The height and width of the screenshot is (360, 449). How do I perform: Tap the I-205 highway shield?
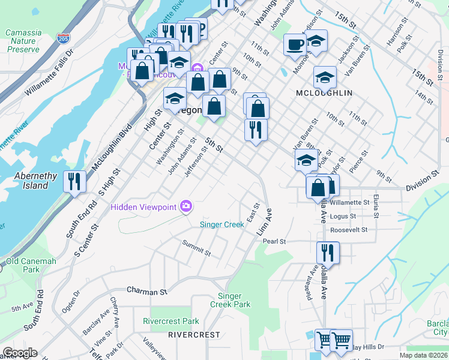click(x=63, y=39)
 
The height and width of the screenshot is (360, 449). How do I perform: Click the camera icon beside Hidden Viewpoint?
click(x=186, y=207)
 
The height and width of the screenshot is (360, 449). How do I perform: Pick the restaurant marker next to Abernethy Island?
click(x=75, y=181)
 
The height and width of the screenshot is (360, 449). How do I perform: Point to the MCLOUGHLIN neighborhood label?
click(x=324, y=94)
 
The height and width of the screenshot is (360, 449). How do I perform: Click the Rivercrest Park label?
click(x=170, y=321)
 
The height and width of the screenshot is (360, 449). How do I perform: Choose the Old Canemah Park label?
click(x=31, y=266)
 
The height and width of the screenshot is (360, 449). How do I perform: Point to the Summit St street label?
click(x=196, y=248)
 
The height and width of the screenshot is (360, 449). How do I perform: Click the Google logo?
click(x=19, y=353)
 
